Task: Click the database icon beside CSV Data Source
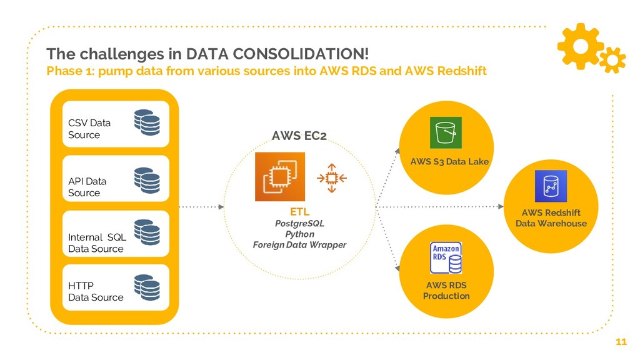coord(147,122)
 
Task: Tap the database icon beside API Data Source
coord(147,180)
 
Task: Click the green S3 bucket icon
coord(445,133)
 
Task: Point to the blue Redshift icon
coord(551,186)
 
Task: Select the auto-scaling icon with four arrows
coord(332,177)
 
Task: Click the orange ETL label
coord(299,212)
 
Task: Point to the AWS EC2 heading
coord(299,136)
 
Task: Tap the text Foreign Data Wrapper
coord(299,245)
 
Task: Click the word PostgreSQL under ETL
coord(299,223)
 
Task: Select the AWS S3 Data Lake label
coord(449,162)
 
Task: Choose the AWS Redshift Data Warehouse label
coord(551,218)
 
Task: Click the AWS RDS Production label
coord(446,291)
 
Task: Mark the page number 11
coord(621,342)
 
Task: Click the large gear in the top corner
coord(580,45)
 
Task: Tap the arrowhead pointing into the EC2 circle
coord(222,206)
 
